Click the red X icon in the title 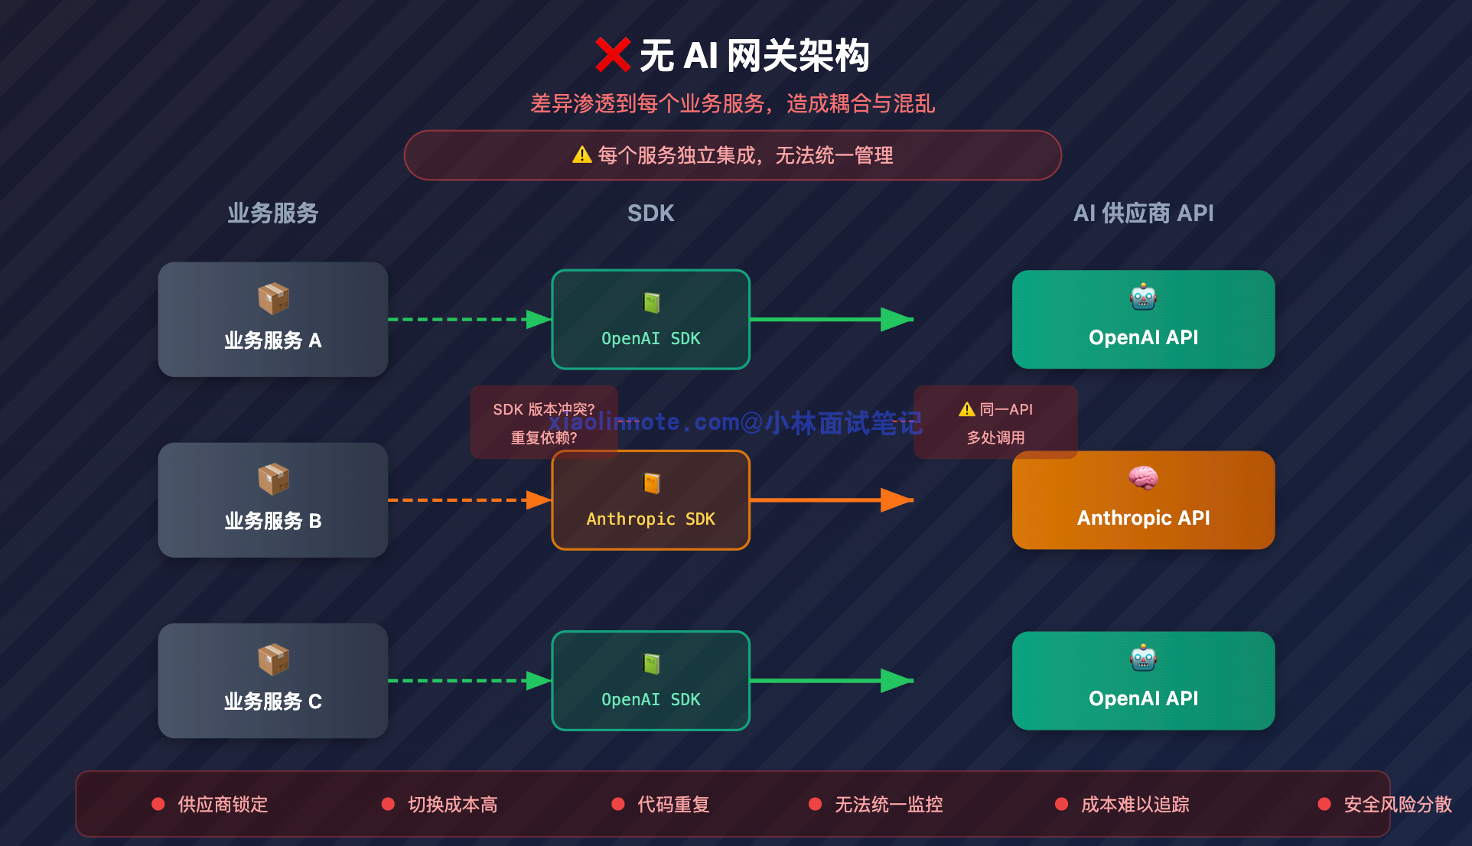point(612,55)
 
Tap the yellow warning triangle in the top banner point(581,155)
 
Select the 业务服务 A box point(272,319)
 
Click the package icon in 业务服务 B point(273,480)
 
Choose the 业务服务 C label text point(272,701)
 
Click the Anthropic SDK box point(650,500)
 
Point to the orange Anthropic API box point(1143,500)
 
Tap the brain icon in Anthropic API point(1143,478)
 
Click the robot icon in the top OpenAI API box point(1143,297)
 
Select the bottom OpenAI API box point(1143,681)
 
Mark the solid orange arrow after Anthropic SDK point(831,500)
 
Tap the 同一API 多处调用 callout point(995,422)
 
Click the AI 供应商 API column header point(1143,213)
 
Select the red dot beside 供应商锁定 point(158,804)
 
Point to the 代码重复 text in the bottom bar point(673,805)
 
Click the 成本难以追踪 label point(1135,805)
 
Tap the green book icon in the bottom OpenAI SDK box point(651,663)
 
